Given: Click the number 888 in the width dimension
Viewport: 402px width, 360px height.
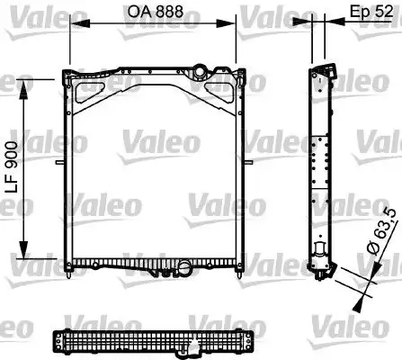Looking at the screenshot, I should click(x=177, y=13).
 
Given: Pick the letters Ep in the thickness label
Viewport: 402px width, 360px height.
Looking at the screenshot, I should click(x=356, y=13).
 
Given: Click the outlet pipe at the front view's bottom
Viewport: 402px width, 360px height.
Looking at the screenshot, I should click(x=184, y=267).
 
